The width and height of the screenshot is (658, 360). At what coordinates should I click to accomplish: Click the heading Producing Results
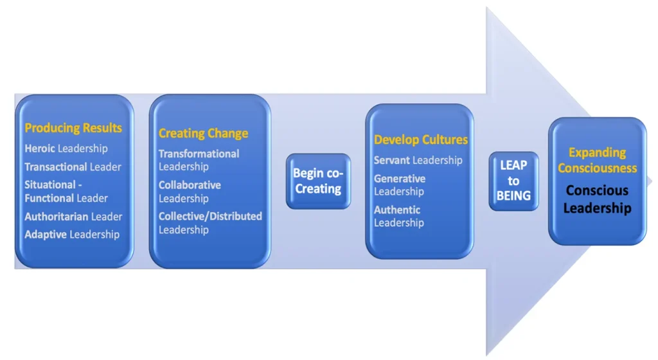point(73,128)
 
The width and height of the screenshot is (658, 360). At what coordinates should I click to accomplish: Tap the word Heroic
point(40,148)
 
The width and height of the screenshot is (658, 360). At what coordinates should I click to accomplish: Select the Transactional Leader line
point(73,167)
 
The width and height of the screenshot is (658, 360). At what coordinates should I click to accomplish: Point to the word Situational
point(50,184)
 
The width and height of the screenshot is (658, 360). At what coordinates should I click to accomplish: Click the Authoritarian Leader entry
point(73,217)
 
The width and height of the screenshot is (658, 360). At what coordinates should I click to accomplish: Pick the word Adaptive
point(46,235)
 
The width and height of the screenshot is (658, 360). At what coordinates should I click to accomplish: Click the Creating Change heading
point(204,134)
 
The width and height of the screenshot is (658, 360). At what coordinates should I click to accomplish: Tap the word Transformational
point(199,154)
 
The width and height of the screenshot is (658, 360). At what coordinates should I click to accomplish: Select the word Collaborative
point(190,185)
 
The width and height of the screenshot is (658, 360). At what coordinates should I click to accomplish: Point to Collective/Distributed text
point(210,217)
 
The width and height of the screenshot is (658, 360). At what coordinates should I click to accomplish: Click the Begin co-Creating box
point(319,181)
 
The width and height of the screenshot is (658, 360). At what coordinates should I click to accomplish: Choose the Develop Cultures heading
point(421,139)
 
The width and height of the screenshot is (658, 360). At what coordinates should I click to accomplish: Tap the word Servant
point(392,160)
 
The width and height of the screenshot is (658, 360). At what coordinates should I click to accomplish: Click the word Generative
point(400,179)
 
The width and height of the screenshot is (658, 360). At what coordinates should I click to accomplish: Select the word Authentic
point(397,210)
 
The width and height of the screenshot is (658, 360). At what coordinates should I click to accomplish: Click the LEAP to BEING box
point(513,181)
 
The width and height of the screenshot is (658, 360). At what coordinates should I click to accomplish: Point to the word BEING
point(513,196)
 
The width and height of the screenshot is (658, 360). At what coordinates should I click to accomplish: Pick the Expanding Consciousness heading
point(597,160)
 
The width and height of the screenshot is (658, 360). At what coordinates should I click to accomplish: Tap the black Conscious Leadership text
point(597,199)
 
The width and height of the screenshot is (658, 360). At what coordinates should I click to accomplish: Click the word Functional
point(47,198)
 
